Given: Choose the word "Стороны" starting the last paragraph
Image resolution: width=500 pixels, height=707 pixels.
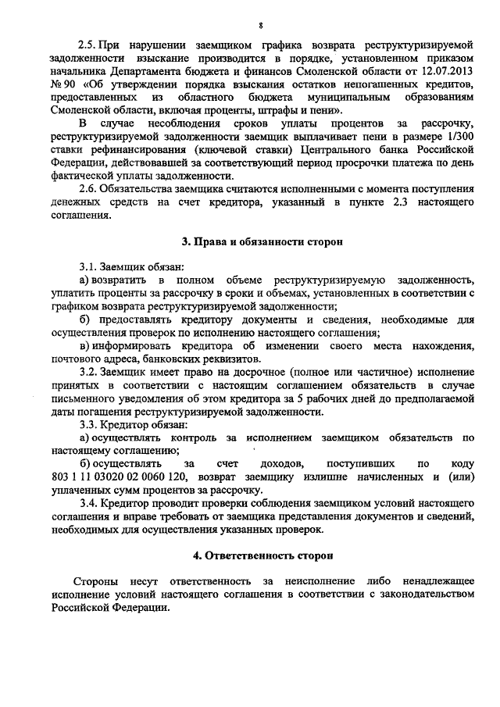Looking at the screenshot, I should pos(92,582).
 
